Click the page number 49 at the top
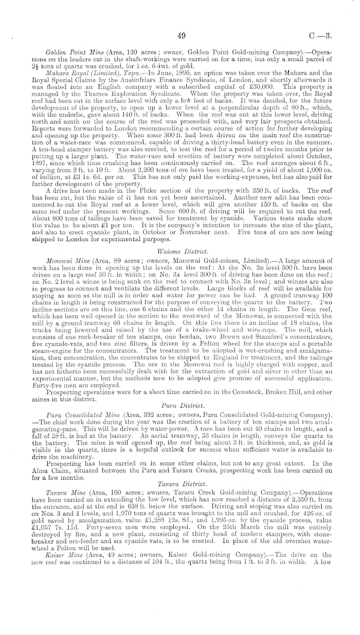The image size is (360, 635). (x=180, y=37)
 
